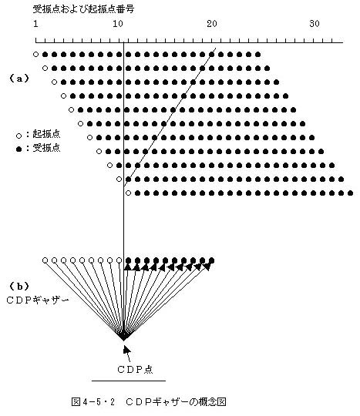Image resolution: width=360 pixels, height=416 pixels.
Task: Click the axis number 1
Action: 35,24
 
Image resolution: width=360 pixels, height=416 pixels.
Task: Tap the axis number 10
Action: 118,24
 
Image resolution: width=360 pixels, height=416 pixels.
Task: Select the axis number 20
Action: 212,24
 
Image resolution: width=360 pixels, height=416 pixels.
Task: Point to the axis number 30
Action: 315,24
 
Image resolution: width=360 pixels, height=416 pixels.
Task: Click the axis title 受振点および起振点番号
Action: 83,9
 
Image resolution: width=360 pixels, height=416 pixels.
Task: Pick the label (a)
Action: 19,79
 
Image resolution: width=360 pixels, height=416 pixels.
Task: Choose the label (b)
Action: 19,287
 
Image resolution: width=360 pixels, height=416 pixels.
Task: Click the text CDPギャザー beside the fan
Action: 38,300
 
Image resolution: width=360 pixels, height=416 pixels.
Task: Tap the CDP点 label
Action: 135,369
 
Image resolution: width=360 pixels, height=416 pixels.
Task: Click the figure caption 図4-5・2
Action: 93,402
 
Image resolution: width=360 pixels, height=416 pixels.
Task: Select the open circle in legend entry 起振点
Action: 19,136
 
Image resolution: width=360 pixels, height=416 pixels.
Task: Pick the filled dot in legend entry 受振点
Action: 19,149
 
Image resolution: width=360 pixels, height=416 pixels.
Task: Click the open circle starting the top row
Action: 35,55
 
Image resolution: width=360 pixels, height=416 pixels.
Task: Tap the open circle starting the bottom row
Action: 128,193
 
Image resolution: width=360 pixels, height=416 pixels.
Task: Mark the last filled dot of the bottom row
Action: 351,193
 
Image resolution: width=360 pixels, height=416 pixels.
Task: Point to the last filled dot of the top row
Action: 257,55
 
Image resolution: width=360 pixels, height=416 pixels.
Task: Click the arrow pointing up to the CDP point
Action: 127,353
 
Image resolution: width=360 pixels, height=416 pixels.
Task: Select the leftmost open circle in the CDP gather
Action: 45,260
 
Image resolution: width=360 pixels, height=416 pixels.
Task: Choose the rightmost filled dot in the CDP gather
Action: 211,260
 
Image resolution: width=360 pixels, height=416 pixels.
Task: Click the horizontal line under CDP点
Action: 129,381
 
